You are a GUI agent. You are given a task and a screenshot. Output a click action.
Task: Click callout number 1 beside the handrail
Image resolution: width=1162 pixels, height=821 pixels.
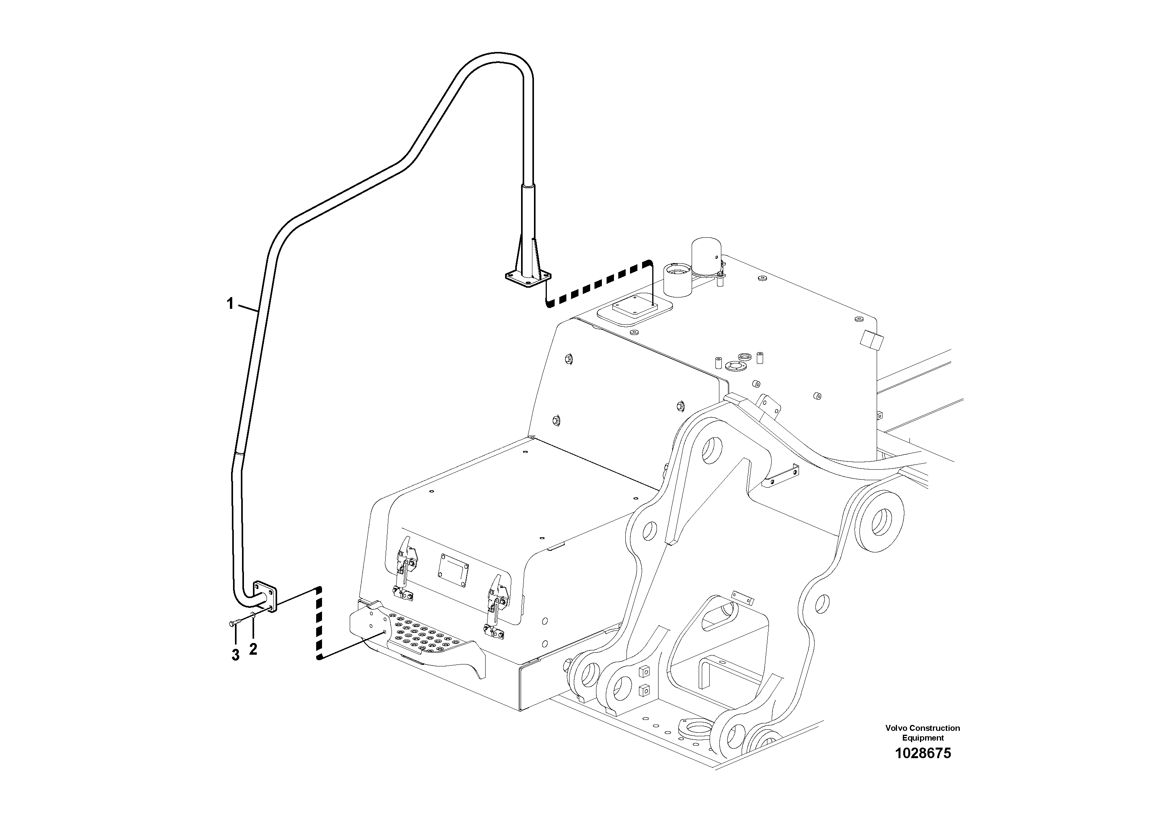coord(230,304)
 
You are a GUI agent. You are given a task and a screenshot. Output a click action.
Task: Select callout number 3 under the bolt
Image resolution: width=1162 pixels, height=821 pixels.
coord(235,655)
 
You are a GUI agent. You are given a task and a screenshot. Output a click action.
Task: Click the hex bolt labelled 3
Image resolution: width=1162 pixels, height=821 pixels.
coord(234,623)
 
